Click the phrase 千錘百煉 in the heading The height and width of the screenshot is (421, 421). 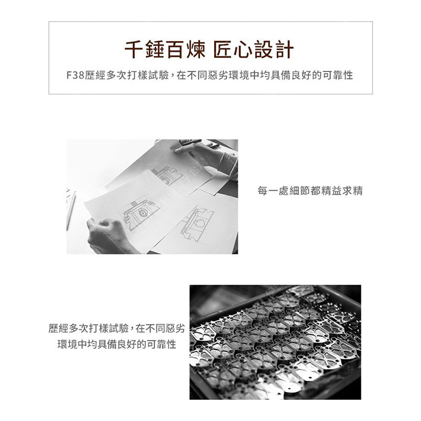(165, 49)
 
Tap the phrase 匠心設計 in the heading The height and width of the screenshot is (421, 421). (254, 49)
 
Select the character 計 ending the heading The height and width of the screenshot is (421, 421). (284, 49)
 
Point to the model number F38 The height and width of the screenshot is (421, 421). (75, 75)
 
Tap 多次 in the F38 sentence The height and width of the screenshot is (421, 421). (116, 75)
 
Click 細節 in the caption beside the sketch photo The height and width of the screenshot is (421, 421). (299, 191)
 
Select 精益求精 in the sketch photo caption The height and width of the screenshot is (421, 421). (342, 191)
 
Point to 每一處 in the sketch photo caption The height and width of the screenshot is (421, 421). (273, 191)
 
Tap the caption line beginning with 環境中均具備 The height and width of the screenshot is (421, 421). (117, 344)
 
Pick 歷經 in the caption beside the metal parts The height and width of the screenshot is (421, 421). (58, 328)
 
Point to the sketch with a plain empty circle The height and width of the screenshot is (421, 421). (197, 224)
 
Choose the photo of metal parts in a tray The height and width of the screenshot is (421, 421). (275, 343)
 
